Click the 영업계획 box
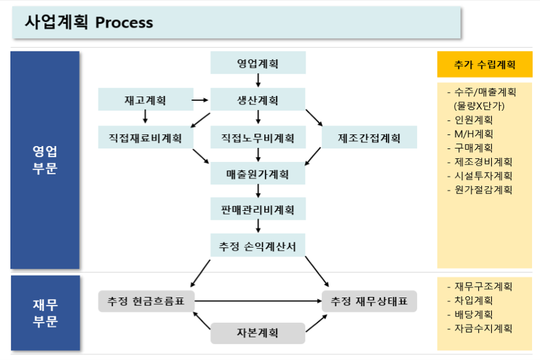258,63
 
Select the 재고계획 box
145,100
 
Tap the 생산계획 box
258,100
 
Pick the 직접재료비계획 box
145,137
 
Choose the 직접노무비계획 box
258,137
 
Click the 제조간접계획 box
369,137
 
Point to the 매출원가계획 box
258,174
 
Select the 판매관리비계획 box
258,210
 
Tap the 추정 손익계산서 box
258,246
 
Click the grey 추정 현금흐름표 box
146,301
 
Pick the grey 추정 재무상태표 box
369,301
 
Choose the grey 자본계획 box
258,333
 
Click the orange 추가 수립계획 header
484,64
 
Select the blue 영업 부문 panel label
45,160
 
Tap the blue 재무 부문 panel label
45,312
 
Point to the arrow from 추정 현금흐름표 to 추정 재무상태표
258,301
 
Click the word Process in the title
124,23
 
